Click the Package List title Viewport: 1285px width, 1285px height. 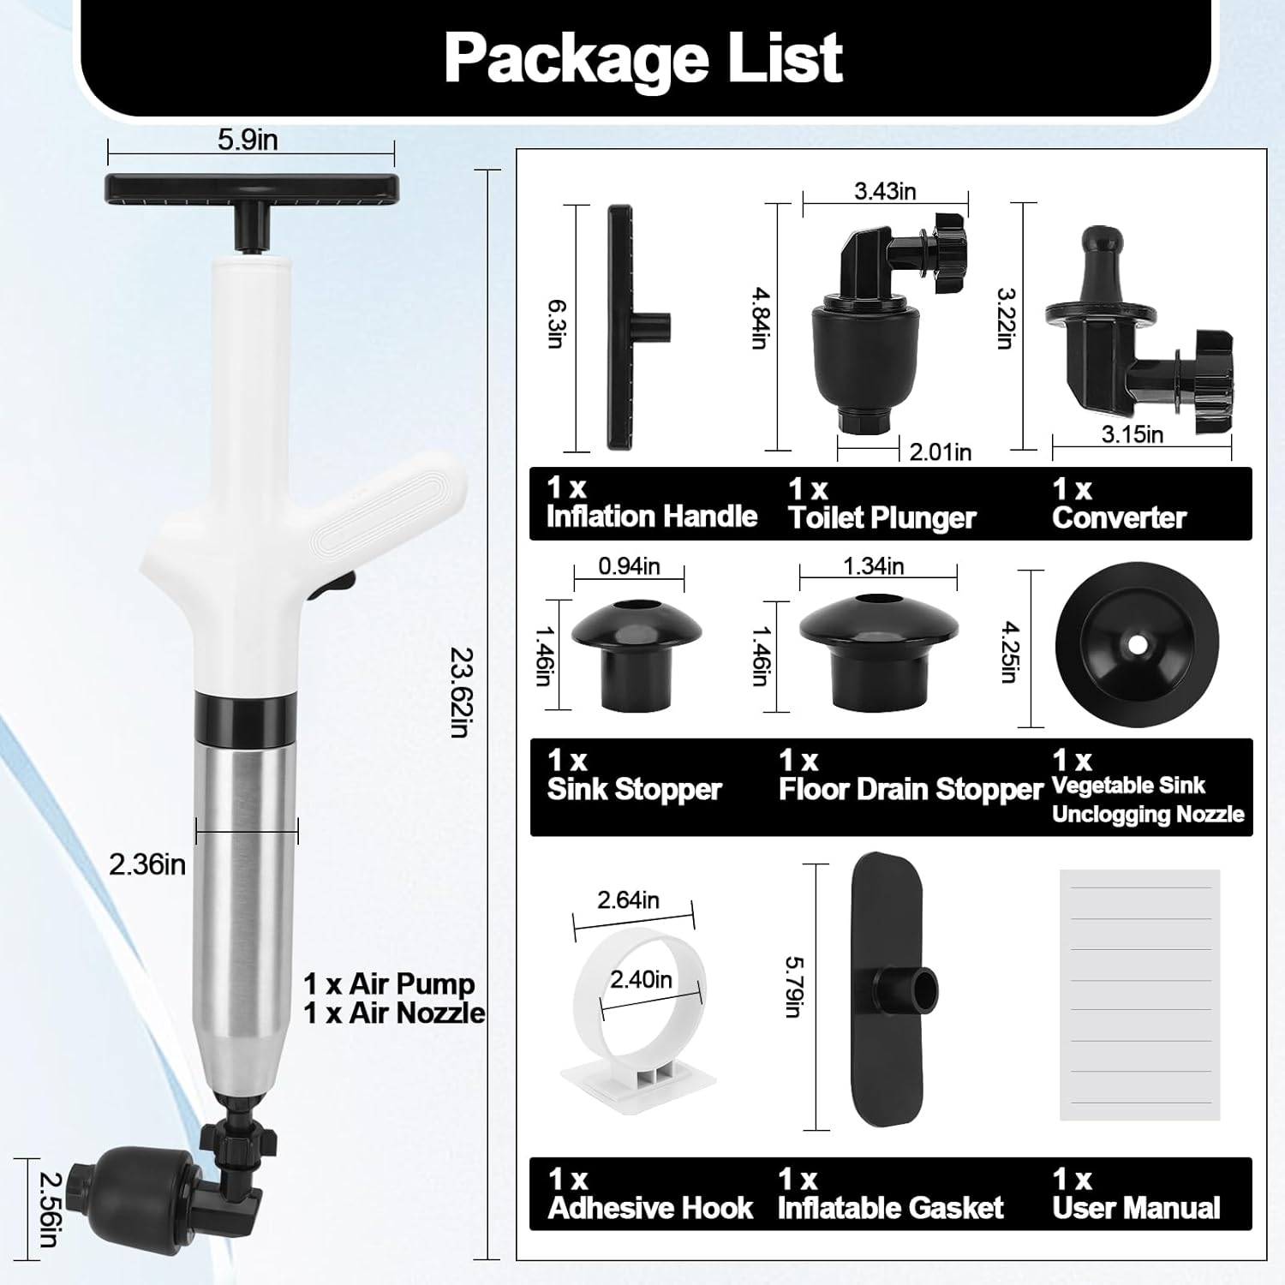tap(642, 58)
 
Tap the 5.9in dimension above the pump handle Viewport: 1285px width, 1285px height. tap(248, 140)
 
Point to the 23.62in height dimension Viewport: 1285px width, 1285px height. tap(462, 692)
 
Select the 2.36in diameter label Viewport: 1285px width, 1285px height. tap(147, 864)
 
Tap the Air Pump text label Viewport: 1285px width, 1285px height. tap(389, 984)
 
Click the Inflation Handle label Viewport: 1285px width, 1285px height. tap(651, 517)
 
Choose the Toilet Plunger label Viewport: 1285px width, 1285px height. tap(882, 517)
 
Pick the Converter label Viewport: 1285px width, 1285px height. tap(1119, 517)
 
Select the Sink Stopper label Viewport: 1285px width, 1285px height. tap(634, 789)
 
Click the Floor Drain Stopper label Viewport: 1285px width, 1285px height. tap(910, 789)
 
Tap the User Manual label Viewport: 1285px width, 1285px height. tap(1136, 1208)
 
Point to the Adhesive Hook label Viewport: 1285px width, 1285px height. tap(650, 1208)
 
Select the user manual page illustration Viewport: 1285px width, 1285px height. tap(1139, 995)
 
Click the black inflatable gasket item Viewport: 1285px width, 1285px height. tap(888, 989)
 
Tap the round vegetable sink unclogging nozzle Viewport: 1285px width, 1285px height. tap(1137, 644)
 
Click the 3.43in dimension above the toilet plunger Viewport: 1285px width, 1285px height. tap(885, 191)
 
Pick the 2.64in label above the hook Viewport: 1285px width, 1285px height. tap(628, 900)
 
